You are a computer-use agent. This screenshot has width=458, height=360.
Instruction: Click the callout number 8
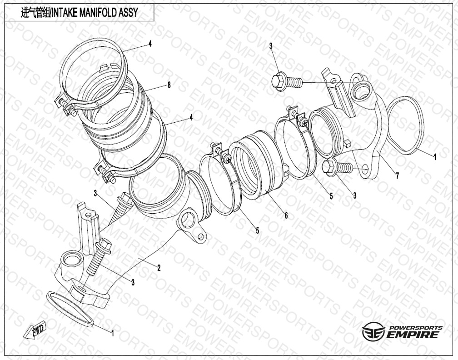point(169,85)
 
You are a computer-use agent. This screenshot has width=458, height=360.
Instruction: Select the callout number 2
point(159,268)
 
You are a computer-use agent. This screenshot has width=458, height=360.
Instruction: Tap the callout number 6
point(286,215)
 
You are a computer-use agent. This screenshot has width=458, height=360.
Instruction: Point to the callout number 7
point(397,175)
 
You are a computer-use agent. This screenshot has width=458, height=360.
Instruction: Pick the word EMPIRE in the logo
point(413,335)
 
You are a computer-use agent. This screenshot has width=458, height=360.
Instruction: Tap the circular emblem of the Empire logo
point(373,332)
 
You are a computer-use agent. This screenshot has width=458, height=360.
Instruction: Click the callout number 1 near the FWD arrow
point(113,333)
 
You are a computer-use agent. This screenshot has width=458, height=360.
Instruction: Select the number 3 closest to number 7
point(354,195)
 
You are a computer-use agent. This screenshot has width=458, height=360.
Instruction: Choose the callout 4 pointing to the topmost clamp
point(150,44)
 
